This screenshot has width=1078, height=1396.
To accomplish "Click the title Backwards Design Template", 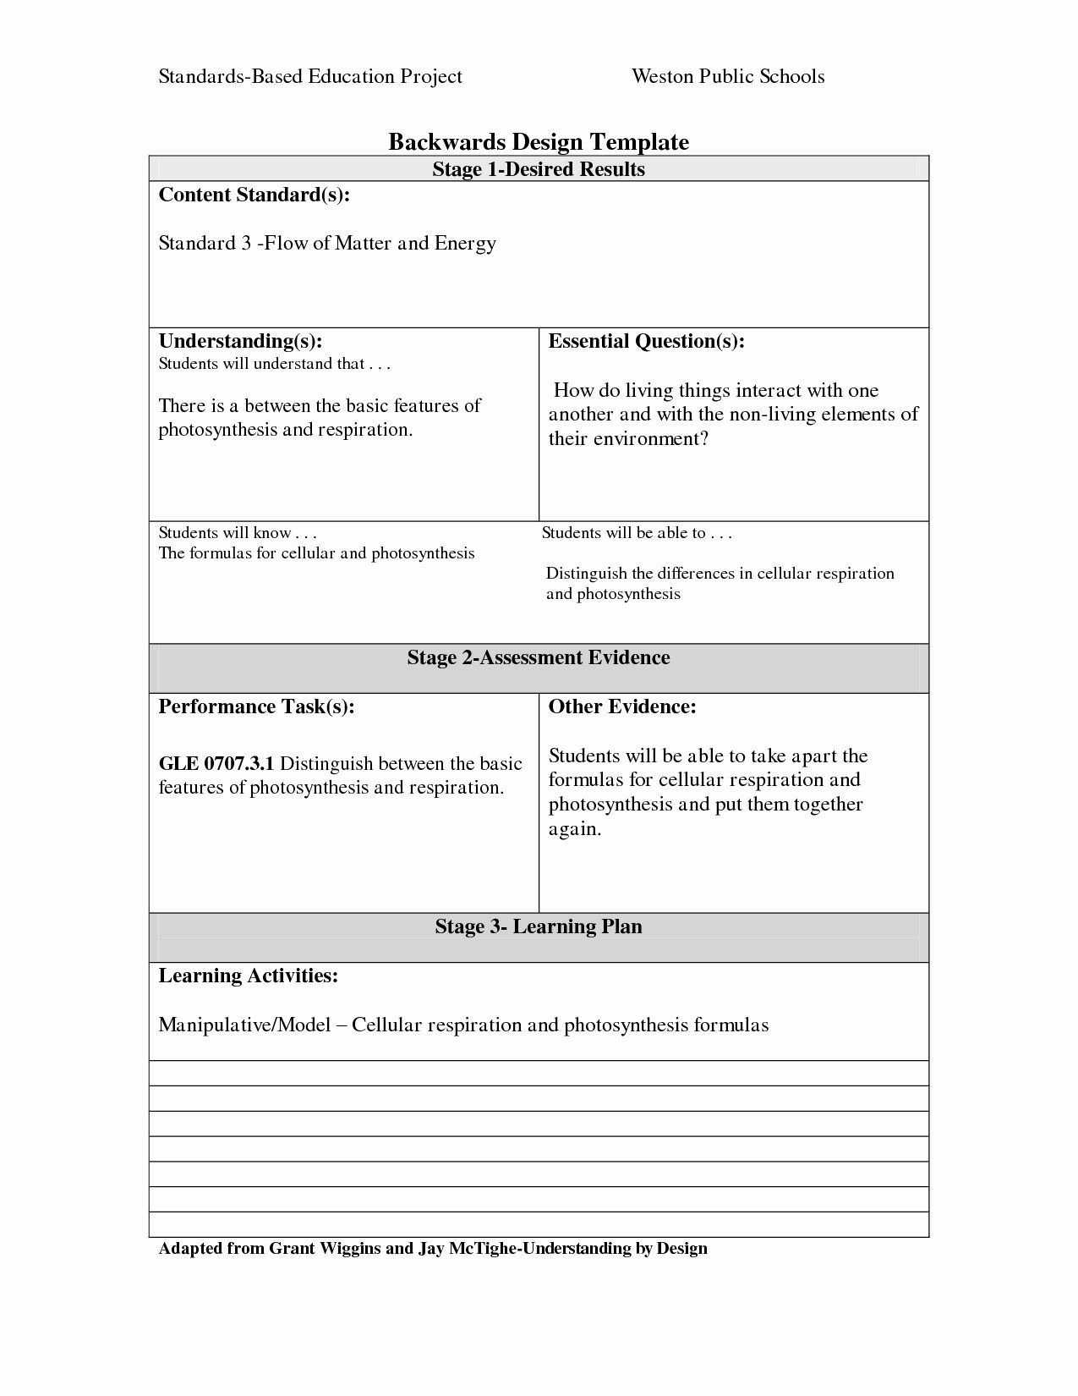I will tap(539, 141).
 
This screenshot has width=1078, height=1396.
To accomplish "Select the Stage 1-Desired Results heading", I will tap(539, 169).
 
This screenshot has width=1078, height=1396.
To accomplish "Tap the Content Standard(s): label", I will tap(254, 195).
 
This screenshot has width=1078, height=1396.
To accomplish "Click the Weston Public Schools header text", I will tap(728, 77).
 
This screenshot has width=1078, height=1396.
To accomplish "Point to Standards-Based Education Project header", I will tap(310, 77).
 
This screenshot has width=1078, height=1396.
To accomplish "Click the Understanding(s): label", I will tap(240, 342).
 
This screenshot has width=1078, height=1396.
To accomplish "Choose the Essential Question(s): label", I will tap(646, 342).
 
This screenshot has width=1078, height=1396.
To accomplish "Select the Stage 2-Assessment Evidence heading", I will tap(539, 658).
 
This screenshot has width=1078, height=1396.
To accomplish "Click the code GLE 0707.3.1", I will tap(216, 764).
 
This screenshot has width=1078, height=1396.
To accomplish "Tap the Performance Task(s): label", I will tap(256, 707).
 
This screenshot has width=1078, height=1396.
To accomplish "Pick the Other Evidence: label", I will tap(622, 707).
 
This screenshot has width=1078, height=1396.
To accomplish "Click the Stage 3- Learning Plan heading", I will tap(539, 927).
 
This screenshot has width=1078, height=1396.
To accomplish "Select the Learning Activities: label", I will tap(249, 976).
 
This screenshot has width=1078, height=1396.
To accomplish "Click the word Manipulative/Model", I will tap(244, 1025).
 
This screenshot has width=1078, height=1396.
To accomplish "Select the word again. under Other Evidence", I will tap(575, 829).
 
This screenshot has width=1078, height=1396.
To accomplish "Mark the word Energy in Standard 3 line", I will tap(465, 244).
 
